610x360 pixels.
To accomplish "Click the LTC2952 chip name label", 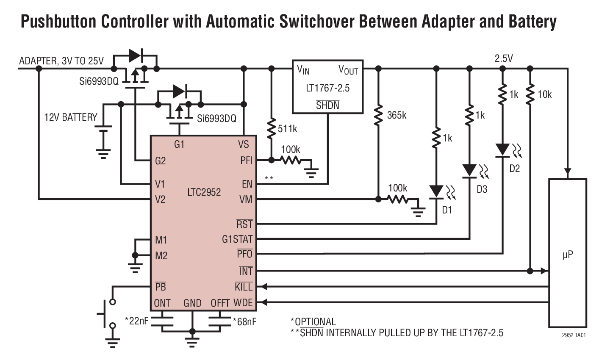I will coord(204,192).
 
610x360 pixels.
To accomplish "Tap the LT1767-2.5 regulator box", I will coord(327,87).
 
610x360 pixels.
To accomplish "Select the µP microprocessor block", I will coord(568,253).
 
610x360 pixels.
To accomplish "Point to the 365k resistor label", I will coord(396,115).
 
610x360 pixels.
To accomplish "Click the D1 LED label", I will coord(447,210).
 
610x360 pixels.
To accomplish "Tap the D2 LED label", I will coord(514,169).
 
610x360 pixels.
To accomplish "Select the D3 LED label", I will coord(482,189).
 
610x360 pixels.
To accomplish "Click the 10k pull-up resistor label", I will coord(544,95).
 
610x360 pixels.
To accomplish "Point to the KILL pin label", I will coord(244,287).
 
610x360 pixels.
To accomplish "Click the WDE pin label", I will coord(243,303).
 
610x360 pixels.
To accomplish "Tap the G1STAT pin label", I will coord(237,239).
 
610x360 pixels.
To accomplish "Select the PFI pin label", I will coord(246,160).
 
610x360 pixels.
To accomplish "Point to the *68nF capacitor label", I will coord(244,322).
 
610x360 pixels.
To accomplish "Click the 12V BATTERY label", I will coord(71,117).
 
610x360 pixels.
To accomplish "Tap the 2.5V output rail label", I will coord(504,58).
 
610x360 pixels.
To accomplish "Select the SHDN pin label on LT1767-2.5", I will coord(327,105).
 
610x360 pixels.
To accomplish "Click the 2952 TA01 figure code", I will coord(574,335).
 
